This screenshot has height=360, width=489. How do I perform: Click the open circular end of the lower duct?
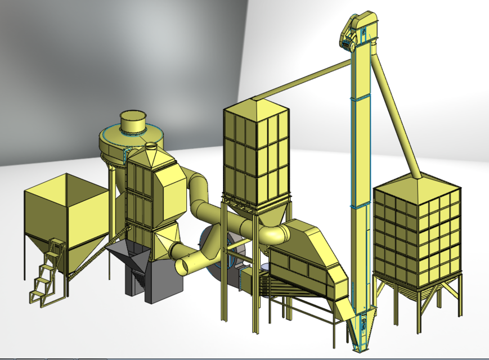pos(185,265)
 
